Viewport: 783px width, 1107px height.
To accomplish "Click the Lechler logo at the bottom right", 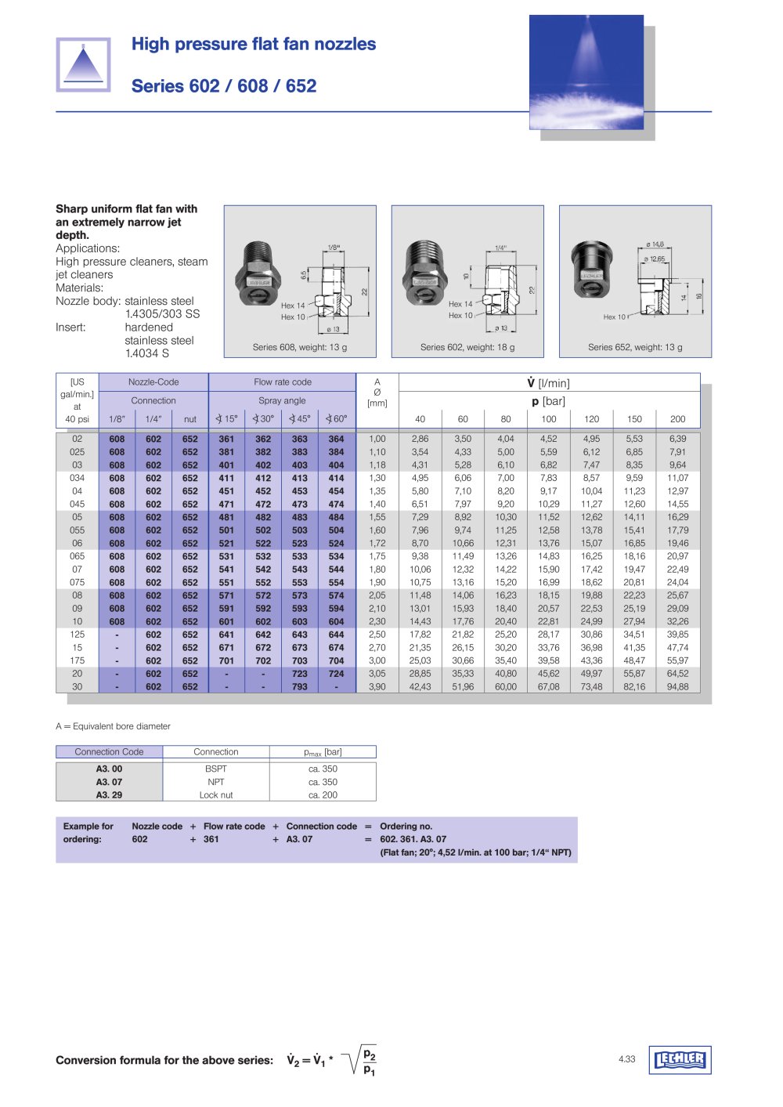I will pos(680,1060).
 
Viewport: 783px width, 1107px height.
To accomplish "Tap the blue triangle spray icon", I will pos(83,64).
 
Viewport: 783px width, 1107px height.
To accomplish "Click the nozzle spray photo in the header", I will pos(586,72).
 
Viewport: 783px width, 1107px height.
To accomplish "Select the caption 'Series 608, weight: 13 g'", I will pos(299,347).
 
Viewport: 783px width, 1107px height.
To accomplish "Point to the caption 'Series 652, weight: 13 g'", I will pos(635,347).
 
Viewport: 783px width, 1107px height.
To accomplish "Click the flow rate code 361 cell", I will pos(226,440).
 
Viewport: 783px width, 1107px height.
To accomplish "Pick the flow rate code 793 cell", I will pos(300,687).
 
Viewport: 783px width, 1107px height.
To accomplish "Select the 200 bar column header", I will pos(677,419).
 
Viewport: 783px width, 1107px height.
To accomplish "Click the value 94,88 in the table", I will pos(677,687).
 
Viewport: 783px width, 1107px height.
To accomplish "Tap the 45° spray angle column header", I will pos(300,419).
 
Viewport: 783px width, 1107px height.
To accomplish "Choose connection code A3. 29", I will pos(109,795).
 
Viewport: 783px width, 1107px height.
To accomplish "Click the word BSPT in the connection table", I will pos(216,769).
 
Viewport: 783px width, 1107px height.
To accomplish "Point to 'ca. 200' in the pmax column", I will pos(323,795).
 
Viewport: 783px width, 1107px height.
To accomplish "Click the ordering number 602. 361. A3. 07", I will pos(413,839).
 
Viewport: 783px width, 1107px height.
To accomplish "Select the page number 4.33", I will pos(626,1059).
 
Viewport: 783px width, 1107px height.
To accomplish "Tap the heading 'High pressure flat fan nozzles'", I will pos(254,45).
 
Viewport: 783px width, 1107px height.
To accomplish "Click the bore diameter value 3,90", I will pos(377,687).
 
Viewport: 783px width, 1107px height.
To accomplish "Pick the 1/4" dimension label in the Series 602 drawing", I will pos(500,248).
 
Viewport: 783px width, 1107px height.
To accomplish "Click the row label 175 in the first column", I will pos(77,660).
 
